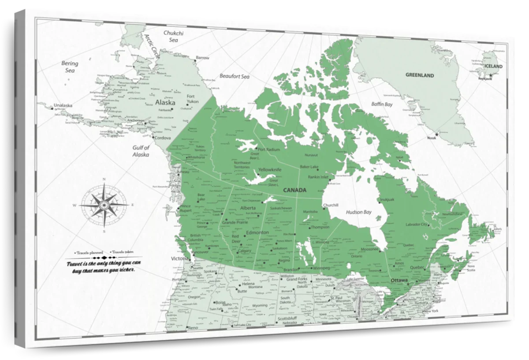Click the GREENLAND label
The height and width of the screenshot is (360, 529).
pyautogui.click(x=420, y=75)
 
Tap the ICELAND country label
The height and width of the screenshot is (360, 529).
pyautogui.click(x=493, y=66)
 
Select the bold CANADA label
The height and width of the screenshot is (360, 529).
pyautogui.click(x=294, y=190)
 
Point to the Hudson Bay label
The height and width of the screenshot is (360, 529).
pyautogui.click(x=358, y=212)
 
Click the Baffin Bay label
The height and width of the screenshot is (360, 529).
pyautogui.click(x=381, y=105)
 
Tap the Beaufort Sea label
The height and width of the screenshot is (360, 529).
pyautogui.click(x=235, y=76)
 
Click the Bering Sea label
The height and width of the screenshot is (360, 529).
pyautogui.click(x=69, y=67)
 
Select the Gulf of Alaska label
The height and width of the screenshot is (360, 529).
pyautogui.click(x=141, y=151)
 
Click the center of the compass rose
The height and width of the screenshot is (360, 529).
pyautogui.click(x=104, y=205)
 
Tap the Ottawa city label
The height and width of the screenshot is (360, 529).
pyautogui.click(x=399, y=281)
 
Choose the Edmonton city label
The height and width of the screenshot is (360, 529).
pyautogui.click(x=257, y=232)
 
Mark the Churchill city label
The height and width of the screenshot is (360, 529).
pyautogui.click(x=330, y=205)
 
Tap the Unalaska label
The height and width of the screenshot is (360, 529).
pyautogui.click(x=63, y=105)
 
